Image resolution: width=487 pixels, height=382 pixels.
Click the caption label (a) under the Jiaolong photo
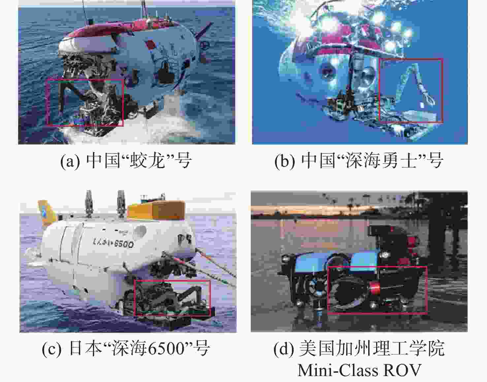point(70,161)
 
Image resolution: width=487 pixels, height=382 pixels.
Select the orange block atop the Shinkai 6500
point(156,210)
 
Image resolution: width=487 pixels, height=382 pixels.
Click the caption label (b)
point(284,161)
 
